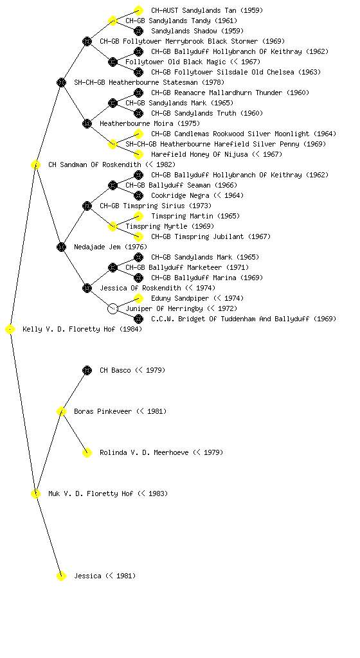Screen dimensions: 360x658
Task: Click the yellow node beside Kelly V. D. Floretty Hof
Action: pos(10,330)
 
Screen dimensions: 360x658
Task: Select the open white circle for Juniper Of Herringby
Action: pos(113,309)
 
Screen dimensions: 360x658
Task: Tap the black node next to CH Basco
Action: pos(87,371)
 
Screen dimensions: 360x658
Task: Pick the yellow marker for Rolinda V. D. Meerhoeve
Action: pos(87,453)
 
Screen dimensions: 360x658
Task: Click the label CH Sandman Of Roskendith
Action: pos(95,165)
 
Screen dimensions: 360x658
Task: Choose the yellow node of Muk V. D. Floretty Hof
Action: pos(35,494)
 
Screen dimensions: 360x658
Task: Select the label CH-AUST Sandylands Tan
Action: pos(194,10)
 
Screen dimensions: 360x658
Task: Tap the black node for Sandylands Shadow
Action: pos(138,31)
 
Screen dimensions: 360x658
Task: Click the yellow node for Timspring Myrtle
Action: pos(113,227)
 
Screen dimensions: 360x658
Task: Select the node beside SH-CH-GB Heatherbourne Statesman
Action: pos(61,83)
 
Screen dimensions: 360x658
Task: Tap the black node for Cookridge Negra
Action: pos(138,195)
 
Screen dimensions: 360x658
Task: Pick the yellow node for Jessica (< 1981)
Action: pos(61,576)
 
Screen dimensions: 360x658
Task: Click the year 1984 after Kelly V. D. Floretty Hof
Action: pos(131,330)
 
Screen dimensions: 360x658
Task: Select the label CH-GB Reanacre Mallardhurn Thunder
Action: pos(217,93)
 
